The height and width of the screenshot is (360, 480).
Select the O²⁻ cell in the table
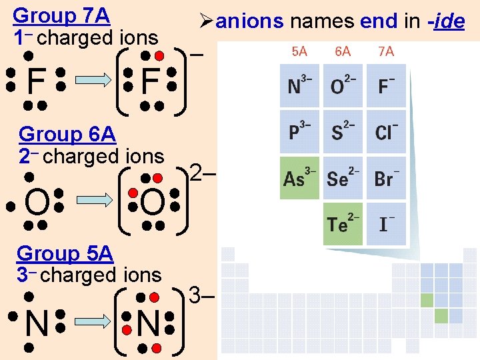click(343, 86)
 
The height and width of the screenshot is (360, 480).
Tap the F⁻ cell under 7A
click(386, 86)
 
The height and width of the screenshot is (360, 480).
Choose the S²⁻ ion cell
click(343, 131)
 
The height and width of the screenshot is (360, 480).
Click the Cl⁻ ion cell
click(386, 131)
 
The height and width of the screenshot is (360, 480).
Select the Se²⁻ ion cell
click(343, 178)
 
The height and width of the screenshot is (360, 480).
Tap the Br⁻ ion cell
click(386, 178)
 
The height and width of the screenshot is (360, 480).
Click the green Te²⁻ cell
click(343, 223)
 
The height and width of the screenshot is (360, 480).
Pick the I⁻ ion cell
click(386, 223)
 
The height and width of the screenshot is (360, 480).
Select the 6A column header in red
click(343, 51)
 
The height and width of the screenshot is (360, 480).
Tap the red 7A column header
click(386, 51)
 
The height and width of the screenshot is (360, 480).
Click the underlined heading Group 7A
click(61, 15)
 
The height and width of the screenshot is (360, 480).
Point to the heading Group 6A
click(67, 135)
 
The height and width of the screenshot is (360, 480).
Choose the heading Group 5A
click(65, 253)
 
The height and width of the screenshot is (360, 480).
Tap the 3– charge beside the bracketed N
click(201, 294)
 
